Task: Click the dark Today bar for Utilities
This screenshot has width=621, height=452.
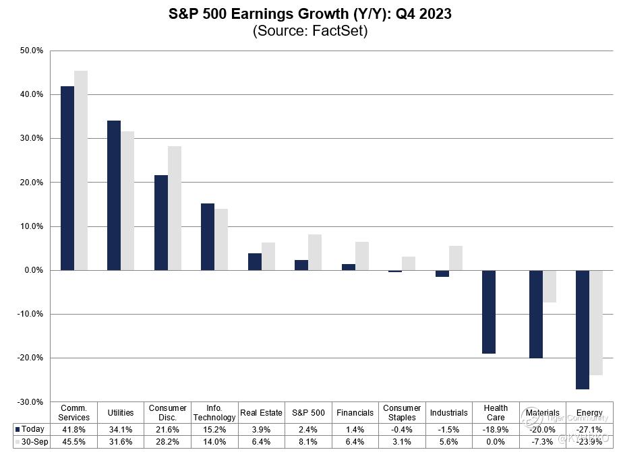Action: coord(114,195)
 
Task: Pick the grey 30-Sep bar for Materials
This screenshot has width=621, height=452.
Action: coord(549,286)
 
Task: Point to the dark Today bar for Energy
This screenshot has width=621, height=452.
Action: coord(582,329)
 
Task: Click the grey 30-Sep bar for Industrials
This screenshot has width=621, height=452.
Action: coord(456,258)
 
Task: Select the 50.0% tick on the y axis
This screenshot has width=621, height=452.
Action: coord(32,51)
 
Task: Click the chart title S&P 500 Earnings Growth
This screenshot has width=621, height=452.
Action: coord(310,14)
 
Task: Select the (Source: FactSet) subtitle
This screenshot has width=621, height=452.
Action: coord(310,31)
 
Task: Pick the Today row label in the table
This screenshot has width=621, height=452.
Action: coord(31,428)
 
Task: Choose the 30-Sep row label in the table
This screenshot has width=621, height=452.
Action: coord(31,442)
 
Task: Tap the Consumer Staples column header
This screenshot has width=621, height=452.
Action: coord(402,412)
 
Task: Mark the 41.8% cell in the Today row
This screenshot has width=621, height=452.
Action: coord(73,428)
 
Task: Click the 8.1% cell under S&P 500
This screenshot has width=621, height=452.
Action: coord(307,442)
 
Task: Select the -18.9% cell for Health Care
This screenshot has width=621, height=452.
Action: coord(496,428)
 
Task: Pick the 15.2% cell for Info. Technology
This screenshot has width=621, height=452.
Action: coord(214,428)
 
